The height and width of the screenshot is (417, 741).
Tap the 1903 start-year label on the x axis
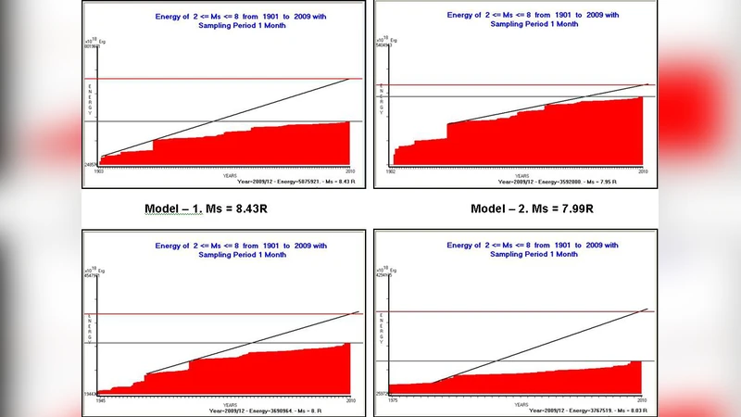click(x=98, y=171)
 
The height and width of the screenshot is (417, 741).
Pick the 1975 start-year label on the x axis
click(x=392, y=400)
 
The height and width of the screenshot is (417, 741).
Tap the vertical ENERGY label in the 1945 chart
click(x=89, y=330)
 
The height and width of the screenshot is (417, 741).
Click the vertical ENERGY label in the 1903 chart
click(x=90, y=98)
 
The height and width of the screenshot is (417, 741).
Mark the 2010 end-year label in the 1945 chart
click(x=350, y=400)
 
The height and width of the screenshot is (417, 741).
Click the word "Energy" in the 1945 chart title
click(x=171, y=246)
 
